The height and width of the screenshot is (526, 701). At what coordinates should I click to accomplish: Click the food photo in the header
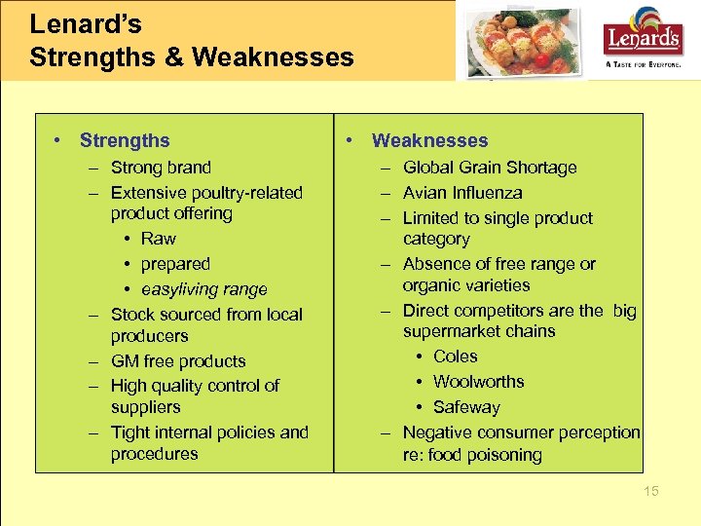tap(525, 42)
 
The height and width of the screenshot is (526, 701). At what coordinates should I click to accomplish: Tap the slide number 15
tap(650, 491)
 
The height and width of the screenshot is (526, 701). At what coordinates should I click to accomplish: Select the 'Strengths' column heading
tap(125, 141)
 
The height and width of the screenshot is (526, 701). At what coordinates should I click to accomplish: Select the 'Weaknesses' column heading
tap(429, 141)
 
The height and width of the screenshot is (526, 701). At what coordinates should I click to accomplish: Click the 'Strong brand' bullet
tap(161, 168)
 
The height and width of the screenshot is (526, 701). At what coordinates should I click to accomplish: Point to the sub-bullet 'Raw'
tap(159, 239)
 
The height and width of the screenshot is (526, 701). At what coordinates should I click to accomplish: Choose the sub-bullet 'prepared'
tap(175, 264)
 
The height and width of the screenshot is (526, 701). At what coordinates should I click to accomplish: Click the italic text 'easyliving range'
tap(203, 289)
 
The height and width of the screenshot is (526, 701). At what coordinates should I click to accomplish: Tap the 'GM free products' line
tap(178, 361)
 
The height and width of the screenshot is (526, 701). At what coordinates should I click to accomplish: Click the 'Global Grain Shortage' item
tap(490, 168)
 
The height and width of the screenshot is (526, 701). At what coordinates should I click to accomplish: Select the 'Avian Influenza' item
tap(462, 193)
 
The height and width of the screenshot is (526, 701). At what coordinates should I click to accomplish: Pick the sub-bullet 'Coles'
tap(455, 357)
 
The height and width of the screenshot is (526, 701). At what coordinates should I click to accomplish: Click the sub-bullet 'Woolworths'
tap(478, 382)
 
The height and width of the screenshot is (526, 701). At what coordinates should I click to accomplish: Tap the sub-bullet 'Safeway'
tap(466, 407)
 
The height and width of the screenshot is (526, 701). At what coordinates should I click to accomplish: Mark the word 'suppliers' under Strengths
tap(146, 407)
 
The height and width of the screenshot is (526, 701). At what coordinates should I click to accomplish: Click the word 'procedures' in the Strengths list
tap(154, 454)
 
